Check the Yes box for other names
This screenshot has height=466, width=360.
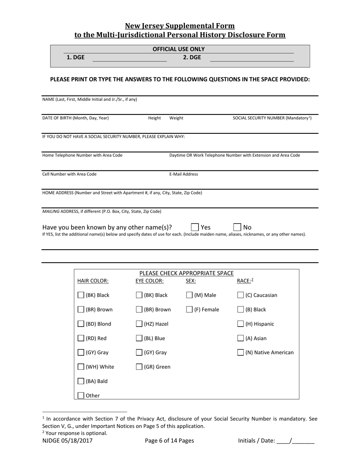(195, 227)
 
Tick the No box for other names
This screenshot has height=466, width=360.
(237, 227)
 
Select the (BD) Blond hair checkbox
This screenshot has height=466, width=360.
(81, 324)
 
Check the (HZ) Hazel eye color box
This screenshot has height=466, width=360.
(139, 324)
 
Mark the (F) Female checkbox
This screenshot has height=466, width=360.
(189, 310)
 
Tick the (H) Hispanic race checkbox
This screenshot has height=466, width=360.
(240, 324)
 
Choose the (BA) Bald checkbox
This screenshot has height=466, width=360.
(81, 381)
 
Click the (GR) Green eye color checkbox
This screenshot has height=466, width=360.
(139, 367)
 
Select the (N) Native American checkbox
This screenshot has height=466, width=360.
(240, 353)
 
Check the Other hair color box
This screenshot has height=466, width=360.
(81, 396)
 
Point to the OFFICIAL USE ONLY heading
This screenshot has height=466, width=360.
(178, 49)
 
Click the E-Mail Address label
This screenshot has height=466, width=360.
(183, 174)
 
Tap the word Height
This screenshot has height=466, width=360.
(154, 118)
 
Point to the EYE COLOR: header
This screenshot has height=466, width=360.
(150, 281)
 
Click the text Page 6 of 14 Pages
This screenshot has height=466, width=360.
(169, 441)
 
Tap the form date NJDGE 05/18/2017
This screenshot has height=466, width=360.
(67, 441)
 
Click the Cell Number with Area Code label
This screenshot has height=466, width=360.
(69, 174)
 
